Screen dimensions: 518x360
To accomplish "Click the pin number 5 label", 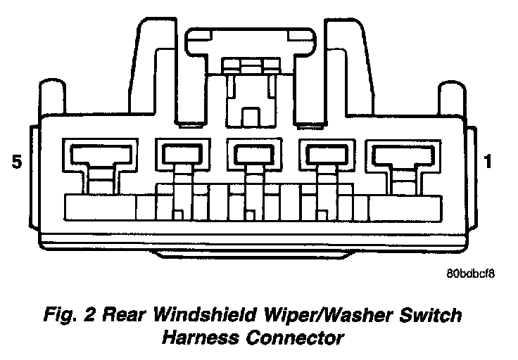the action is (18, 163).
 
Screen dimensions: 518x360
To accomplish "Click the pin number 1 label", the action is (488, 163).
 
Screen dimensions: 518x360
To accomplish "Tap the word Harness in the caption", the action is (202, 338).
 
